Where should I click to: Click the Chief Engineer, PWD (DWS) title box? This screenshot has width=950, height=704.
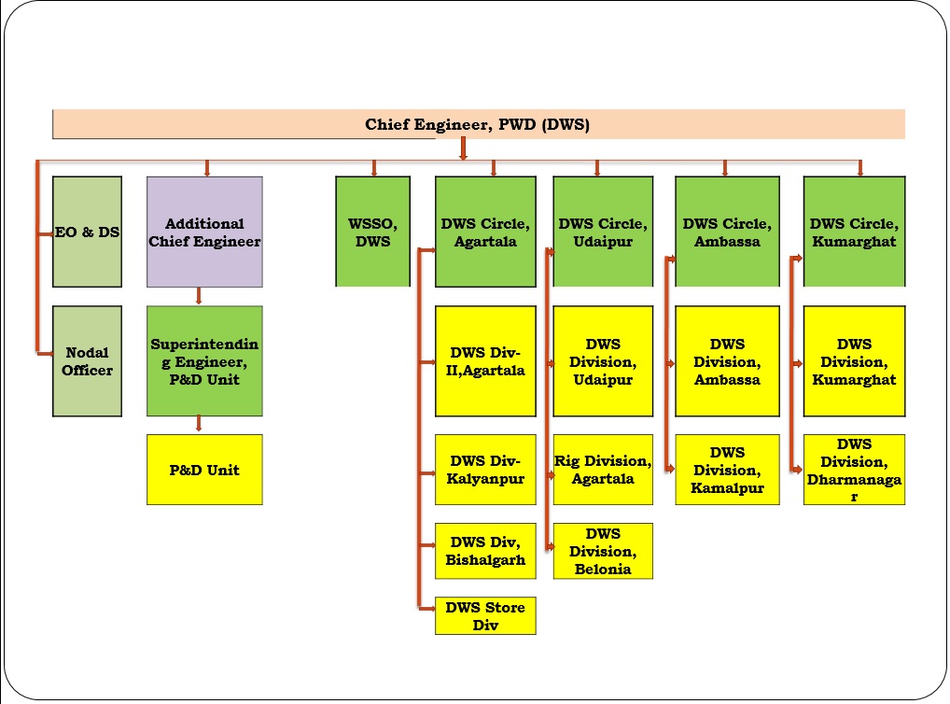(479, 124)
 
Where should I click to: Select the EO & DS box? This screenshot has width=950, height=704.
(87, 232)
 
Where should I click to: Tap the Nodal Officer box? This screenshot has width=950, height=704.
(87, 360)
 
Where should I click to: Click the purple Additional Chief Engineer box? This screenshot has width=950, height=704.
(204, 232)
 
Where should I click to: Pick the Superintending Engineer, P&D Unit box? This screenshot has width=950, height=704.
(204, 360)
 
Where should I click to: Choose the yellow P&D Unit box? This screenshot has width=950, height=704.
(204, 470)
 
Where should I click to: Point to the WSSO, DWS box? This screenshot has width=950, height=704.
(372, 232)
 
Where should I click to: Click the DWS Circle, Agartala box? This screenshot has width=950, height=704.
(485, 232)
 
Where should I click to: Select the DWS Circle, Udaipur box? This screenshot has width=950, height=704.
(603, 232)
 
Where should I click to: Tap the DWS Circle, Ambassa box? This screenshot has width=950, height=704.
(727, 232)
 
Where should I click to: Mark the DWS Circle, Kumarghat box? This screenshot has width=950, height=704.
(854, 232)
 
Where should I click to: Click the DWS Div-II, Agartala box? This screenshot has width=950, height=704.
(485, 360)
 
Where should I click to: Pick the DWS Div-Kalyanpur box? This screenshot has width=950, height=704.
(485, 470)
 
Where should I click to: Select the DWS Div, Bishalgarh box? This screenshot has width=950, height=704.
(485, 551)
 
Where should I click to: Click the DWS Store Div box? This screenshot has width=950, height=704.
(485, 616)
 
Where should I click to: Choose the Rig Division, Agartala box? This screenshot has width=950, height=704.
(603, 470)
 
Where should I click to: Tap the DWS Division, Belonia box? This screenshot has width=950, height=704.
(603, 551)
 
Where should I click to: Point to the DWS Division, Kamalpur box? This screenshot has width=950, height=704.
(727, 470)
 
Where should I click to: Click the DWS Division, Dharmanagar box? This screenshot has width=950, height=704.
(854, 470)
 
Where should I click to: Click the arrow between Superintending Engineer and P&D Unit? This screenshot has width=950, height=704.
(199, 424)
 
